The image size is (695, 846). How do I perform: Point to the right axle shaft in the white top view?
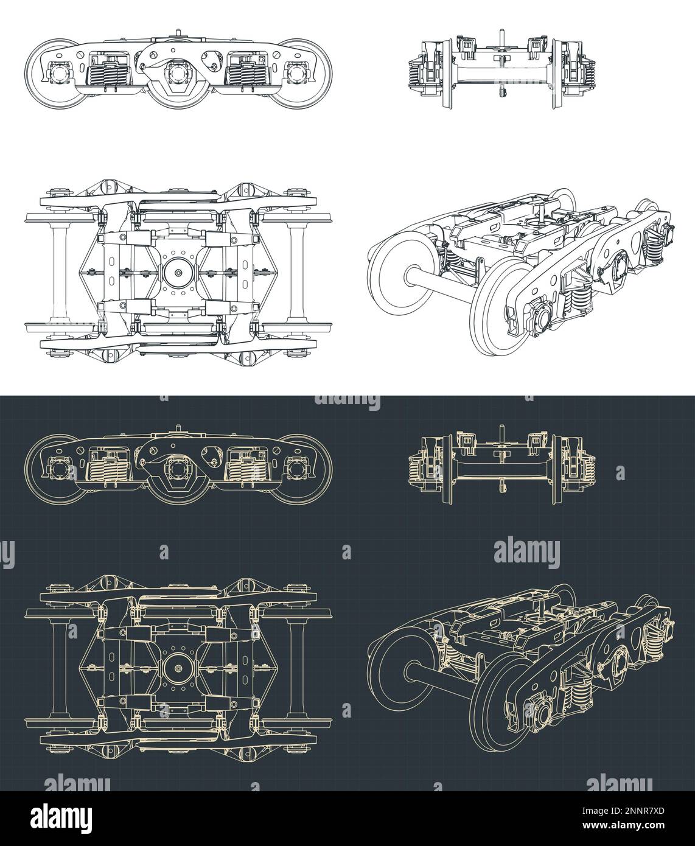click(x=296, y=266)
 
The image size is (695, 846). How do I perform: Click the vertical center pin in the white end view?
click(x=503, y=58)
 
